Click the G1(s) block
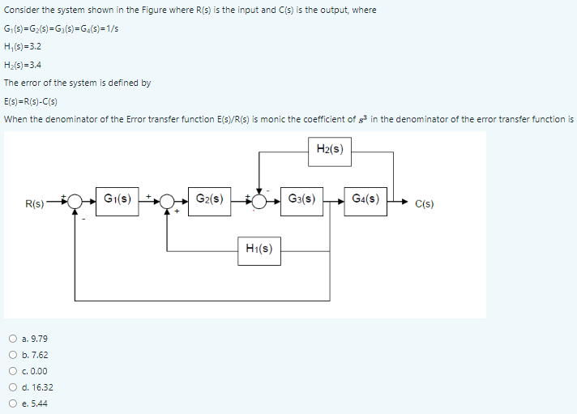(x=118, y=198)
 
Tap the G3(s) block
(x=301, y=198)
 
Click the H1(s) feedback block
(x=259, y=250)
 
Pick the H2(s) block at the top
(x=330, y=148)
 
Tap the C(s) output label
(x=423, y=203)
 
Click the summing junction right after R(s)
(x=75, y=200)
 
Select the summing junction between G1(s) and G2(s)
(x=167, y=200)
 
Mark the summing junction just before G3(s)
(x=259, y=200)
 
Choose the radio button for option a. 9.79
(x=13, y=339)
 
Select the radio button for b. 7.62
(x=13, y=355)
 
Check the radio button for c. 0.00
(x=13, y=371)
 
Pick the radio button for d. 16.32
(x=13, y=387)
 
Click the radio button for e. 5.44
(x=13, y=403)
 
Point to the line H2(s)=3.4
(x=24, y=65)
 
